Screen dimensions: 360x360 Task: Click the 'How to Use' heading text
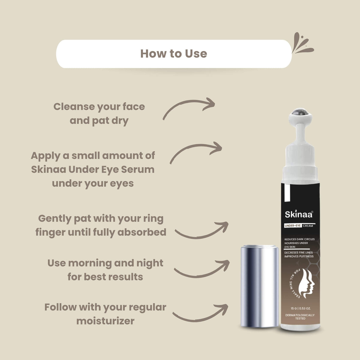[174, 54]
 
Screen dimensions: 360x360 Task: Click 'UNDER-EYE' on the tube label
[292, 226]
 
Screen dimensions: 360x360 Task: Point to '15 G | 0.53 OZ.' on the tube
[301, 308]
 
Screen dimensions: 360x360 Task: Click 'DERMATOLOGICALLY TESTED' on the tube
[300, 317]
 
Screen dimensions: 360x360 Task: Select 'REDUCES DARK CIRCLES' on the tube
[299, 239]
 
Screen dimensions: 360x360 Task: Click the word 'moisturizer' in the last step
[105, 321]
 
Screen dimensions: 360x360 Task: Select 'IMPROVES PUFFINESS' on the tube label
[299, 256]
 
